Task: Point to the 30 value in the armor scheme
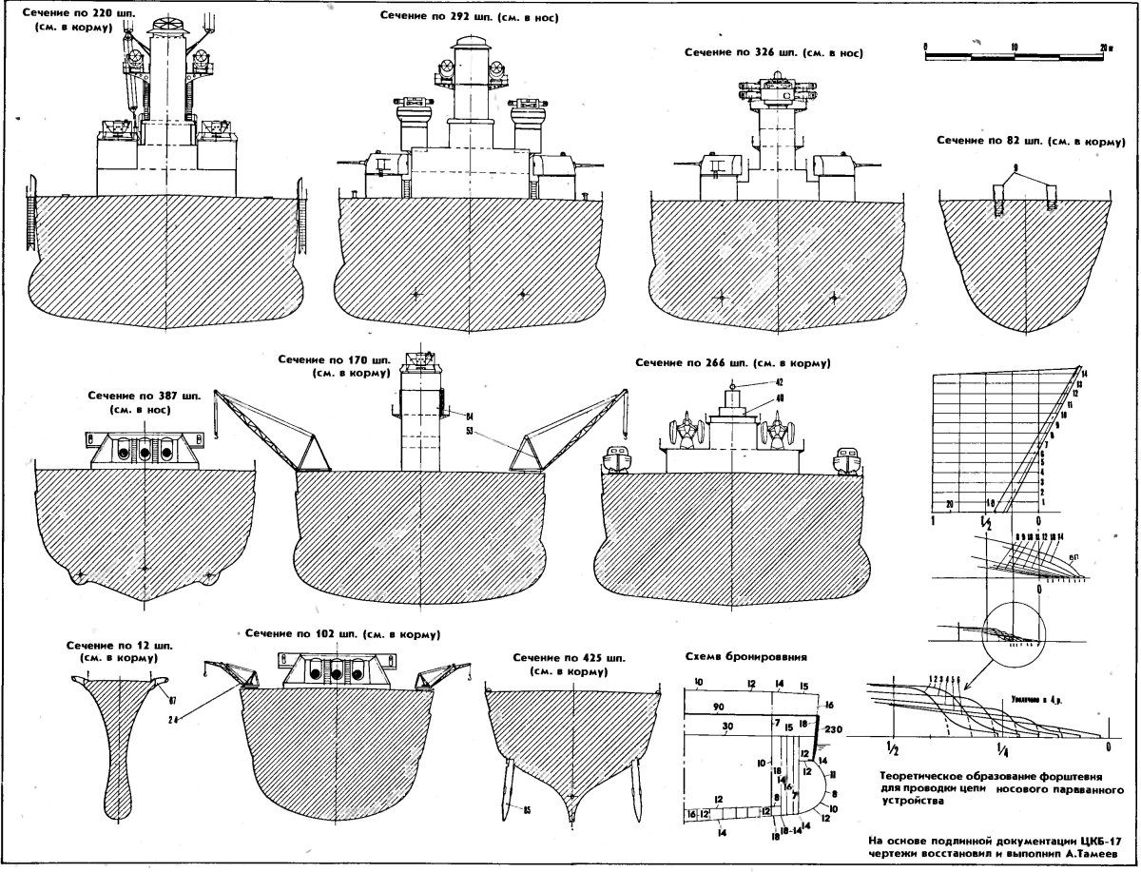tap(726, 727)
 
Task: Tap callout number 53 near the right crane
tap(470, 432)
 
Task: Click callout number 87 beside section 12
tap(173, 701)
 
